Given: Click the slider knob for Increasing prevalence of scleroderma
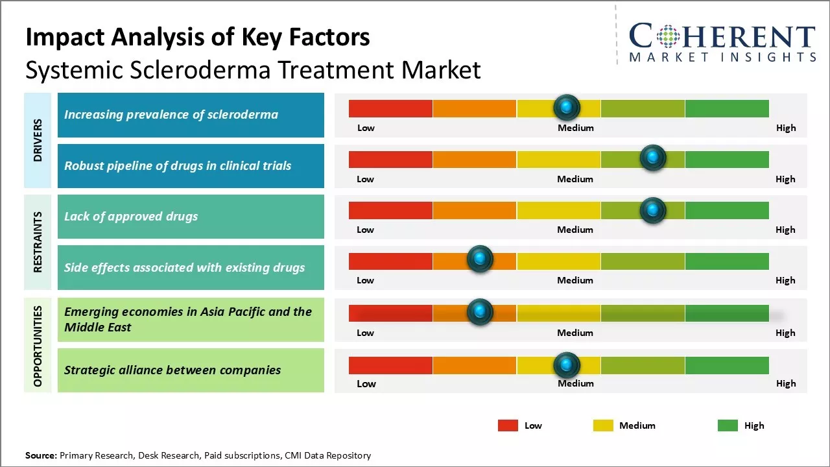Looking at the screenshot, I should point(567,107).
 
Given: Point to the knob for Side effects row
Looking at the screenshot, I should point(480,259).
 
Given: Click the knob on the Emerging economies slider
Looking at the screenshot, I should point(480,312).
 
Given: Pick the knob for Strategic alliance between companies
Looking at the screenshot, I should point(567,365).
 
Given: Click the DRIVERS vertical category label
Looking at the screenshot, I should point(38,140).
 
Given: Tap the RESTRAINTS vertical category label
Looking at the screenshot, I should point(38,242).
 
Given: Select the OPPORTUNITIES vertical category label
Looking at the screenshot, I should point(38,346).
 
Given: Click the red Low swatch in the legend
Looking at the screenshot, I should point(508,425).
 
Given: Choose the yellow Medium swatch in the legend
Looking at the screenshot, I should point(603,425).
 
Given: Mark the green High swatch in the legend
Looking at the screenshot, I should point(728,425).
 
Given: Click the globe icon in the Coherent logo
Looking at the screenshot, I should point(667,36).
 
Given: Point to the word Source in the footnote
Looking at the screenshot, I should point(41,455).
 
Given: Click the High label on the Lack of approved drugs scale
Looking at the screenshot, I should point(785,230).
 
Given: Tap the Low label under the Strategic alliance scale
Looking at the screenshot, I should point(366,384).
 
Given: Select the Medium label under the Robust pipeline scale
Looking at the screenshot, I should point(575,179).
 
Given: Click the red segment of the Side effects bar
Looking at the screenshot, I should point(390,261).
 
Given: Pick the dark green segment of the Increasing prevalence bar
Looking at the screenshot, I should point(727,109).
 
